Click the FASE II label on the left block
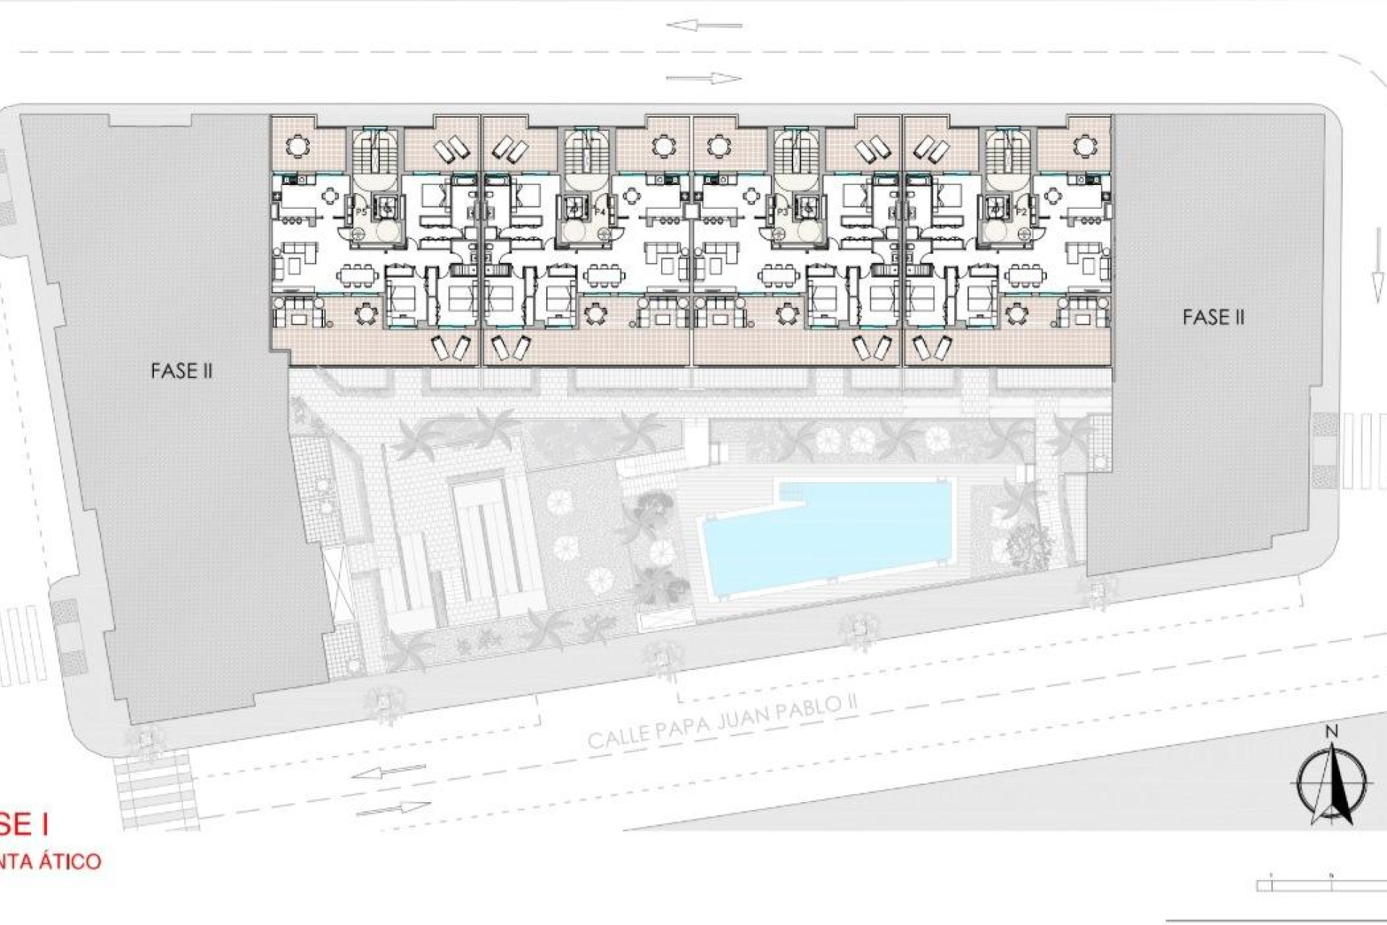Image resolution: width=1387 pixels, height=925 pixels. pyautogui.click(x=181, y=371)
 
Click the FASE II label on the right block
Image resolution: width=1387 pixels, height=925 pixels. pyautogui.click(x=1214, y=317)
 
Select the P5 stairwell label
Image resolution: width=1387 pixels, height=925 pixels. pyautogui.click(x=362, y=212)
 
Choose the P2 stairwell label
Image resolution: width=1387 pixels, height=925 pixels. pyautogui.click(x=1021, y=212)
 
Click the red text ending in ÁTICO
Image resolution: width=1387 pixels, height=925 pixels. pyautogui.click(x=51, y=861)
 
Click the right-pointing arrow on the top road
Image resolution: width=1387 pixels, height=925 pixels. pyautogui.click(x=704, y=78)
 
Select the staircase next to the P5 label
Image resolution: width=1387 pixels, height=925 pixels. pyautogui.click(x=370, y=153)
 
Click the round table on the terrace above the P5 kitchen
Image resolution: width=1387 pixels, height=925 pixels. pyautogui.click(x=297, y=147)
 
